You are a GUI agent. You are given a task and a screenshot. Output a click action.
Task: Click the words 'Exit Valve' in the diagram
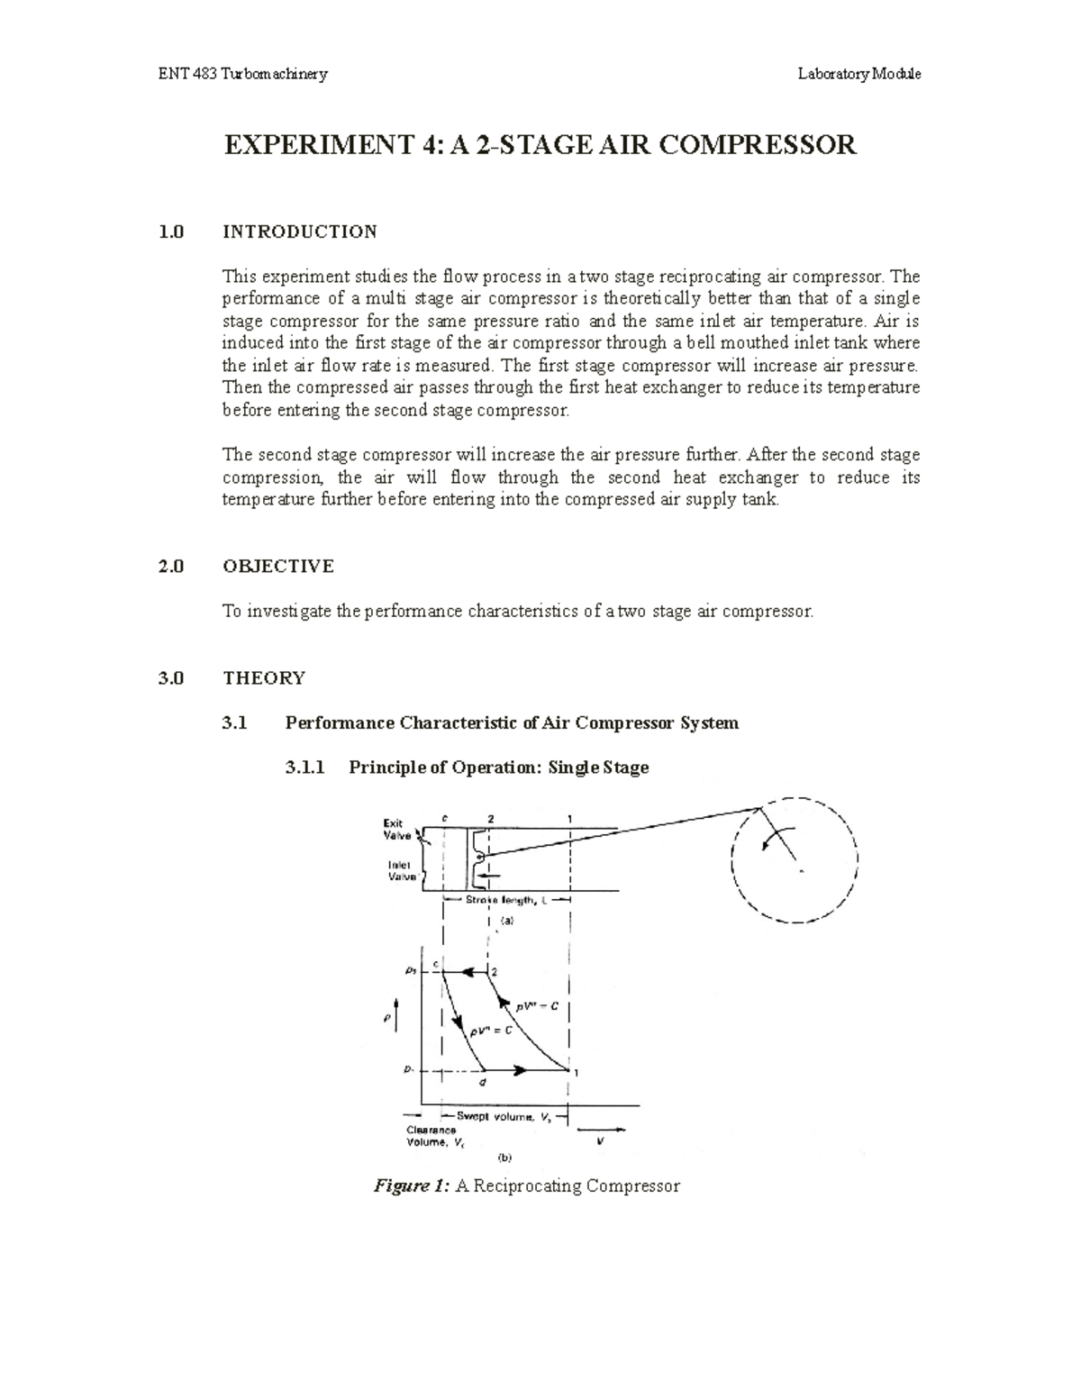click(x=396, y=829)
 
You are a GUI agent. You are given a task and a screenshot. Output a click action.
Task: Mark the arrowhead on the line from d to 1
click(x=521, y=1070)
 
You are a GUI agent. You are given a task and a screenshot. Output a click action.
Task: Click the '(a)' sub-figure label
click(x=506, y=922)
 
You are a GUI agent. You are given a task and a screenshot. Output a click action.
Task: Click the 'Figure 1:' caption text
click(x=410, y=1186)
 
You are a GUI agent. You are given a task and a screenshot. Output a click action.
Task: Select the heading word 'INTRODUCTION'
click(x=300, y=232)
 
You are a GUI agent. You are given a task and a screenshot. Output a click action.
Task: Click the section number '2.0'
click(x=170, y=566)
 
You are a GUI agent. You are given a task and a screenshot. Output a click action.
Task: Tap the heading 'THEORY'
click(x=264, y=677)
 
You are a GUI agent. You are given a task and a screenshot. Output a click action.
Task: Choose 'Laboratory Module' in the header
click(x=858, y=74)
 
